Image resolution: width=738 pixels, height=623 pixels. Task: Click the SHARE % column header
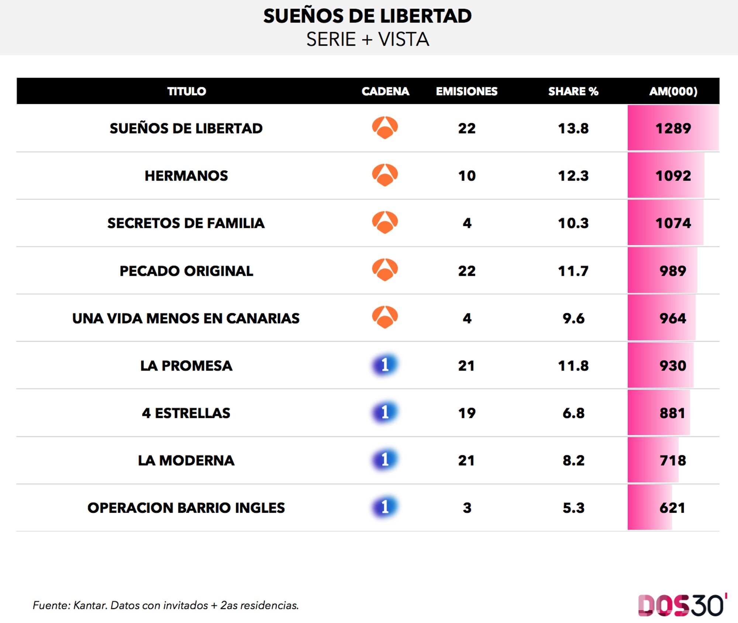(x=573, y=91)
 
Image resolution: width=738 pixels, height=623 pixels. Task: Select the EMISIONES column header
(x=466, y=91)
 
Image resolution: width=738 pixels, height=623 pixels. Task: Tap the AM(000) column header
(x=673, y=91)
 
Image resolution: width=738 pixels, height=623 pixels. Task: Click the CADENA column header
(x=385, y=91)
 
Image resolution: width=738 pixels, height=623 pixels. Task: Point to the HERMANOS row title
(x=186, y=176)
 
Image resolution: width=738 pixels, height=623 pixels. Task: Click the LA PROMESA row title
(x=186, y=366)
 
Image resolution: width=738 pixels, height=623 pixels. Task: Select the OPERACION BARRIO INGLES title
(x=186, y=508)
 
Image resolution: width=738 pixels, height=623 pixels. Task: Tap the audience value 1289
(x=673, y=128)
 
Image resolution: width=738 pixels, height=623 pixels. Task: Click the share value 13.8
(x=573, y=128)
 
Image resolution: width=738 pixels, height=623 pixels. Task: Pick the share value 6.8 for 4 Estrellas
(x=573, y=413)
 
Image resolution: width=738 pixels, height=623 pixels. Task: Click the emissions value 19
(x=466, y=413)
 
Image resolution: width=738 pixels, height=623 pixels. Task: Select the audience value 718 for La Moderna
(x=673, y=460)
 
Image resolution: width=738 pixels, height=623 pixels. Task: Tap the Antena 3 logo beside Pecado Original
(x=385, y=270)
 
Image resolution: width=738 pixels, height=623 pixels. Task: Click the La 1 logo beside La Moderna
(x=385, y=460)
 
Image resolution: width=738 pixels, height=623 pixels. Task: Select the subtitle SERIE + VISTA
(x=368, y=39)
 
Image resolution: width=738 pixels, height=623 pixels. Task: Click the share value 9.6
(x=573, y=318)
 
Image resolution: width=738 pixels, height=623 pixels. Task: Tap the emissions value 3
(x=467, y=508)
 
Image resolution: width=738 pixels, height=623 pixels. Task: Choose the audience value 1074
(x=673, y=223)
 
